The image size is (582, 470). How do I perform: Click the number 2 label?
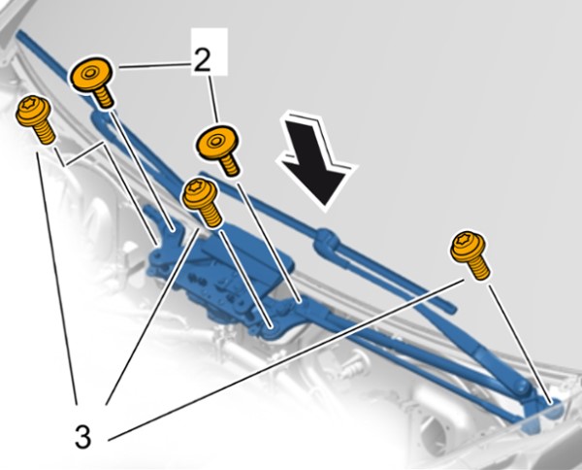pyautogui.click(x=202, y=60)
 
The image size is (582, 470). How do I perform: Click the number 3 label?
pyautogui.click(x=82, y=437)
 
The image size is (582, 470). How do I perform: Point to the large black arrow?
pyautogui.click(x=316, y=161)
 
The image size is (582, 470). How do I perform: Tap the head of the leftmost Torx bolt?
pyautogui.click(x=33, y=111)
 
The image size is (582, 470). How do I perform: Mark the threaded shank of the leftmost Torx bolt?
pyautogui.click(x=44, y=133)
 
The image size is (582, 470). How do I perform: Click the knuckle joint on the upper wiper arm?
pyautogui.click(x=326, y=241)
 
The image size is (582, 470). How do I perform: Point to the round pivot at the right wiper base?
pyautogui.click(x=521, y=387)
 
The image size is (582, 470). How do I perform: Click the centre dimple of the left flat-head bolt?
pyautogui.click(x=89, y=73)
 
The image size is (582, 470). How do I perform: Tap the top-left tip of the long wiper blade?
pyautogui.click(x=18, y=33)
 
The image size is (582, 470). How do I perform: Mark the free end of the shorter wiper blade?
pyautogui.click(x=451, y=308)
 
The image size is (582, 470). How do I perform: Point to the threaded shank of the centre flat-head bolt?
pyautogui.click(x=229, y=164)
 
